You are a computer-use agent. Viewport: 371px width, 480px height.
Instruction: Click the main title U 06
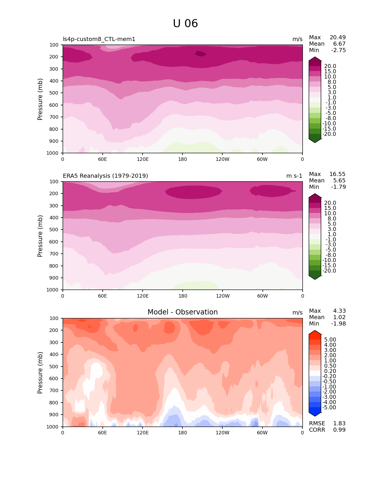(185, 24)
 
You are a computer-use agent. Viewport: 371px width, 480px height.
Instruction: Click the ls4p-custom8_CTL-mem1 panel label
(99, 39)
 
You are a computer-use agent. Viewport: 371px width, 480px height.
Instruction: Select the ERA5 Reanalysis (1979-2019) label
(105, 176)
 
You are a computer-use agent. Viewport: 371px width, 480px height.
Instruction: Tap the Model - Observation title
(182, 312)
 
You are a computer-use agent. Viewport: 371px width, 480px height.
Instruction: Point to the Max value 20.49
(338, 38)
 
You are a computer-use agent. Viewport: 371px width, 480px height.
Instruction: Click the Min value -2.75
(338, 50)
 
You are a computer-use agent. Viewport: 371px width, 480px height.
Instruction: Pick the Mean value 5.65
(339, 181)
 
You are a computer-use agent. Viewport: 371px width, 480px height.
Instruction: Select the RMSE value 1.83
(339, 424)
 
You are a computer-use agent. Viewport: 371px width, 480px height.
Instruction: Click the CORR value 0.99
(339, 430)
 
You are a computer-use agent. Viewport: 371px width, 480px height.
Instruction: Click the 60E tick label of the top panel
(102, 159)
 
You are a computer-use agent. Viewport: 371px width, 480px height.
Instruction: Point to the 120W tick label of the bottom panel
(223, 433)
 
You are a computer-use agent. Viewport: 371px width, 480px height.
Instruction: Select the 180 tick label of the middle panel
(182, 296)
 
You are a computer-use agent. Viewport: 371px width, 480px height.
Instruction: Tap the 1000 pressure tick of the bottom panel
(52, 427)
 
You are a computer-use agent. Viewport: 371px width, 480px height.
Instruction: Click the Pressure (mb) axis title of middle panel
(40, 236)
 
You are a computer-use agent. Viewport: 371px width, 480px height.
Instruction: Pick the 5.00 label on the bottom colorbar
(330, 340)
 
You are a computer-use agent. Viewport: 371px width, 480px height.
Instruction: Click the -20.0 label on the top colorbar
(329, 134)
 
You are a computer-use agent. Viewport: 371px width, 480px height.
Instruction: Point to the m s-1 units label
(294, 176)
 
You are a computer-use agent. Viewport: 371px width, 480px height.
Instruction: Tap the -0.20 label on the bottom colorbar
(329, 376)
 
